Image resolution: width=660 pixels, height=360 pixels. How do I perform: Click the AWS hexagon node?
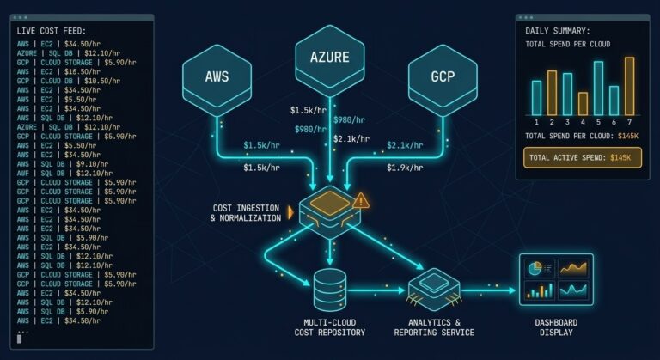click(217, 75)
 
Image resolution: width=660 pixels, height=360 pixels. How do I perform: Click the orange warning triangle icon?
click(361, 201)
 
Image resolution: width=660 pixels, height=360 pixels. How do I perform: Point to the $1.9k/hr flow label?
click(403, 167)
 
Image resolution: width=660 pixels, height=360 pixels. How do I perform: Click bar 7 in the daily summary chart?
click(629, 87)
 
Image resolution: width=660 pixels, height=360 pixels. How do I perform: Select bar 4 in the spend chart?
click(583, 104)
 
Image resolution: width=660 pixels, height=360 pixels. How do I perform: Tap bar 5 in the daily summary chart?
click(598, 88)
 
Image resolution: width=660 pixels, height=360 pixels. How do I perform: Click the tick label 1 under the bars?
click(536, 122)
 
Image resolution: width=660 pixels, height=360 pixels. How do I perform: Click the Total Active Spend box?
click(582, 157)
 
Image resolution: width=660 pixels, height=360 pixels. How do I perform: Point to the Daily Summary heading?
click(558, 30)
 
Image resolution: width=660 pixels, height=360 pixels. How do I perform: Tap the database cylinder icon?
click(330, 290)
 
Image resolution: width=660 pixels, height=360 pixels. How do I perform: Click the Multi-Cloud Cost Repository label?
click(330, 326)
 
